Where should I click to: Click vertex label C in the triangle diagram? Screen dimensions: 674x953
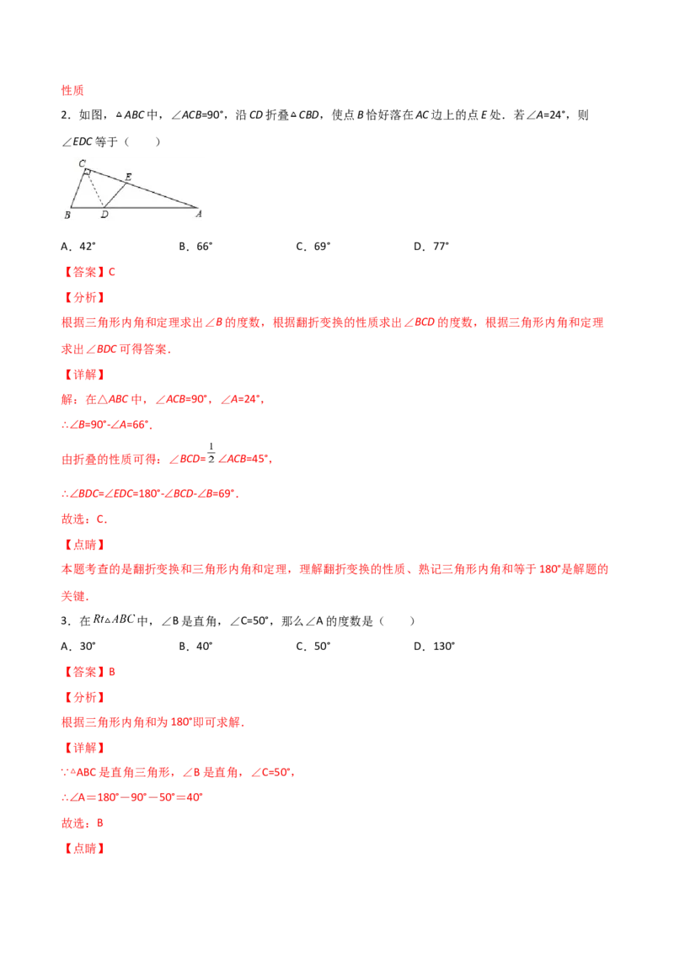(x=82, y=162)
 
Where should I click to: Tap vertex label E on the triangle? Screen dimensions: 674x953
(x=128, y=176)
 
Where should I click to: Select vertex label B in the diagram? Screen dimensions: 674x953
(x=67, y=216)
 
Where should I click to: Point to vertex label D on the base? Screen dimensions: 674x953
(x=104, y=216)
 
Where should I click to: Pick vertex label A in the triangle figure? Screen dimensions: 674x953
(x=199, y=215)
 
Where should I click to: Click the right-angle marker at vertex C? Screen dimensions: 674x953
(x=88, y=174)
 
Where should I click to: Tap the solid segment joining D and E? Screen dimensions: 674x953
(x=114, y=194)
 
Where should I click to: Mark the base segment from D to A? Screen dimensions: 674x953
(x=152, y=207)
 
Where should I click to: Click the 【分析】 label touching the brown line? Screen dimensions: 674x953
(x=84, y=297)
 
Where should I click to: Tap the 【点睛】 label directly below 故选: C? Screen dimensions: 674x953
(x=84, y=545)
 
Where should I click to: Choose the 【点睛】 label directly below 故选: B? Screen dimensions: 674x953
(x=84, y=849)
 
